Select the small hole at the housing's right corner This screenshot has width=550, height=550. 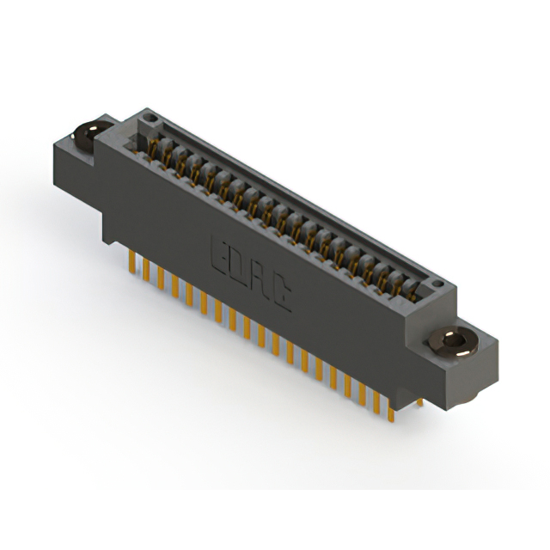(x=438, y=281)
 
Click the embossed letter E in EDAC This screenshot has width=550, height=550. (x=220, y=251)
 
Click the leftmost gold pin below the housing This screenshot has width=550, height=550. (x=131, y=262)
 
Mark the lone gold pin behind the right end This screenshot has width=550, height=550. (x=419, y=402)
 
